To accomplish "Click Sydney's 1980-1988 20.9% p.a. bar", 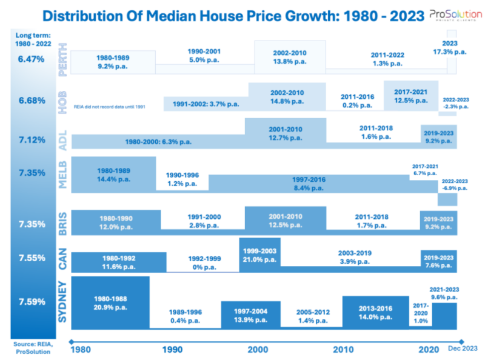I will tap(110, 303).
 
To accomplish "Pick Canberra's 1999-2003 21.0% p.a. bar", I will tap(259, 255).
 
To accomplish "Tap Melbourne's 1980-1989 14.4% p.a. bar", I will tap(113, 174).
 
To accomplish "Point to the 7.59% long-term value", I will tap(32, 301).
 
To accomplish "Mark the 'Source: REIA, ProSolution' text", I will tap(31, 348).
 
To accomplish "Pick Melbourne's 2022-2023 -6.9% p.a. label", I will tap(453, 185).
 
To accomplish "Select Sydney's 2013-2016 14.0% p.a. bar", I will tap(376, 312).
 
